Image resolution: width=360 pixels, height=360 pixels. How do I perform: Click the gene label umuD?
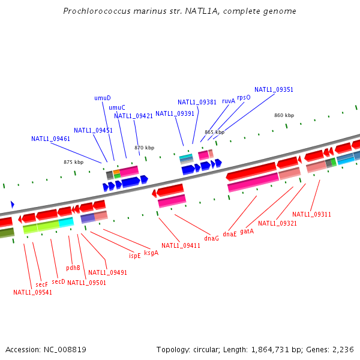[x=103, y=98]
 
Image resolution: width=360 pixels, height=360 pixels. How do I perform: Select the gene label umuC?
[x=117, y=107]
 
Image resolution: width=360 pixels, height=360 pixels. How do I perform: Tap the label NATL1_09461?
[x=51, y=139]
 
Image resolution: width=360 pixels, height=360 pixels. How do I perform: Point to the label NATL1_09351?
[x=274, y=89]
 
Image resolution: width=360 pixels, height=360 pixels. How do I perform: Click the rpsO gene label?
[x=244, y=97]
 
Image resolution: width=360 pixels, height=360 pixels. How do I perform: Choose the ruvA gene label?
[x=229, y=101]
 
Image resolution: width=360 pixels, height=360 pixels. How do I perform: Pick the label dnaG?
[x=211, y=238]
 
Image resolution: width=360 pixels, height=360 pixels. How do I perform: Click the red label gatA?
[x=247, y=231]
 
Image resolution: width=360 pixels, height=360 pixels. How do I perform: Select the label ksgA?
[x=151, y=253]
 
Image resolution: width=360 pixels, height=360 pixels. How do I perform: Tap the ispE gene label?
[x=135, y=255]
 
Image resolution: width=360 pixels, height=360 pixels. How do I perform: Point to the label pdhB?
[x=73, y=268]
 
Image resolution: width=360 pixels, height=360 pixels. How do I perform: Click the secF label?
[x=41, y=284]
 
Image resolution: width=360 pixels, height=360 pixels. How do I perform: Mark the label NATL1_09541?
[x=32, y=293]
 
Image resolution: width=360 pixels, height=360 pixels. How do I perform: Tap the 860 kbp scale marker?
[x=284, y=115]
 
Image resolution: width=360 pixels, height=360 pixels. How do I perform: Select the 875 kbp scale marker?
[x=74, y=162]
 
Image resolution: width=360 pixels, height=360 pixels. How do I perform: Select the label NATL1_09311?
[x=311, y=214]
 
